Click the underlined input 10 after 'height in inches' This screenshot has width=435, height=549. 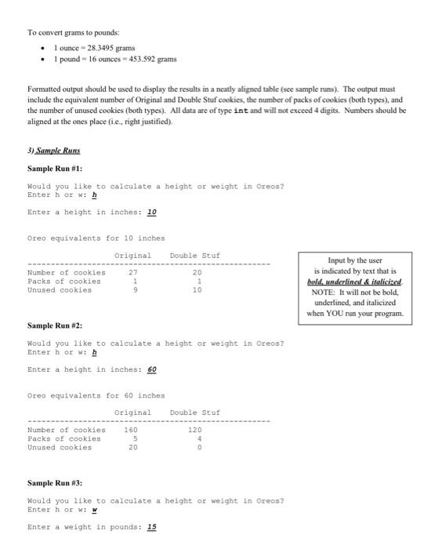pyautogui.click(x=152, y=213)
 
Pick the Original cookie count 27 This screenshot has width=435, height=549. pyautogui.click(x=132, y=273)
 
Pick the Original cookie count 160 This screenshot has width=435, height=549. pyautogui.click(x=130, y=430)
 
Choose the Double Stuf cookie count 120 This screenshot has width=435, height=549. pyautogui.click(x=195, y=430)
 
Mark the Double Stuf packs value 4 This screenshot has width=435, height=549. pyautogui.click(x=200, y=438)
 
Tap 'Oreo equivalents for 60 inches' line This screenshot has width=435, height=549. pyautogui.click(x=96, y=395)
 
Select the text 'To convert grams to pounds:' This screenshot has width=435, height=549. pyautogui.click(x=74, y=32)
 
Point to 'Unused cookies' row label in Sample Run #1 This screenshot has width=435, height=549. pyautogui.click(x=60, y=289)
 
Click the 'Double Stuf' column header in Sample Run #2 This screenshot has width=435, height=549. pyautogui.click(x=195, y=412)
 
